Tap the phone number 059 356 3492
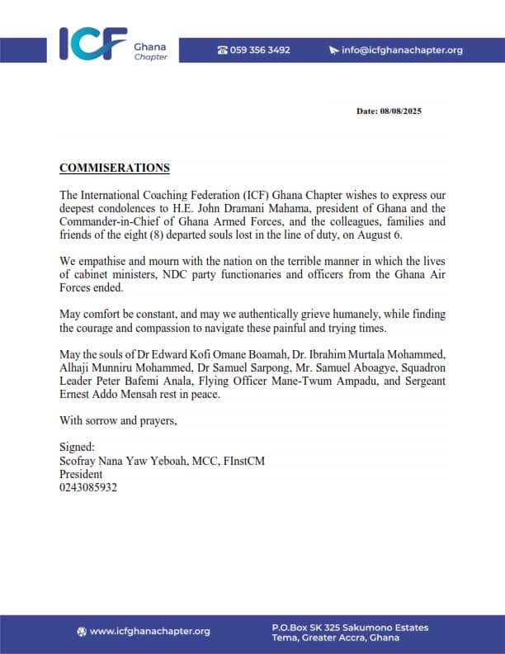pyautogui.click(x=260, y=50)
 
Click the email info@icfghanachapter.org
pyautogui.click(x=402, y=50)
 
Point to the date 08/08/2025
pyautogui.click(x=401, y=111)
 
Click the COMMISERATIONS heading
pyautogui.click(x=115, y=168)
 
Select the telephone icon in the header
pyautogui.click(x=222, y=50)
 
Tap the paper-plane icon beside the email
pyautogui.click(x=333, y=50)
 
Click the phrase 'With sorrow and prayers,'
pyautogui.click(x=118, y=420)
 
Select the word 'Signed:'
pyautogui.click(x=78, y=448)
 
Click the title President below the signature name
pyautogui.click(x=81, y=475)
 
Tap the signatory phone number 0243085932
pyautogui.click(x=88, y=488)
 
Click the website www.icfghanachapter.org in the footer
pyautogui.click(x=149, y=632)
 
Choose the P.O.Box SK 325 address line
pyautogui.click(x=350, y=628)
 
